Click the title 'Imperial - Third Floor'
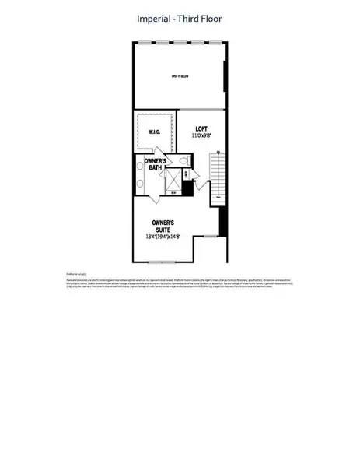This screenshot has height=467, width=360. coord(179,17)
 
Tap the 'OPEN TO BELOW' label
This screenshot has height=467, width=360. coord(180,76)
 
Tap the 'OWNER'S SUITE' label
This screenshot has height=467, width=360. coord(163,226)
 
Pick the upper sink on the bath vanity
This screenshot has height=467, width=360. coord(139,164)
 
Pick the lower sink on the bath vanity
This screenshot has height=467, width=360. coord(139,184)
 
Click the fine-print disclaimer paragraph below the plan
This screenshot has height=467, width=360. coord(180,282)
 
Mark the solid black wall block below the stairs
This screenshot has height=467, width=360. coord(224,224)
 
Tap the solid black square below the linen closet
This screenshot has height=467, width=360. coord(187,188)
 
